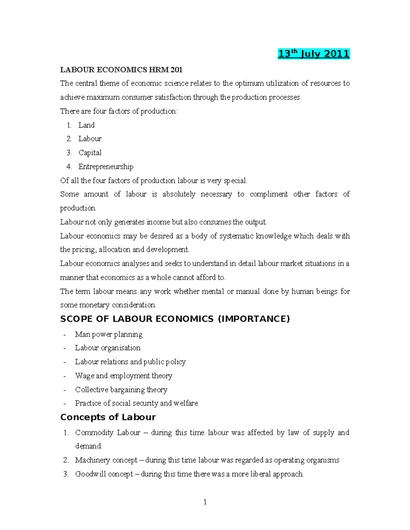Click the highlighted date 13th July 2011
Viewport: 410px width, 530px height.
(x=314, y=54)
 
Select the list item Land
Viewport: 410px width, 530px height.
(x=86, y=125)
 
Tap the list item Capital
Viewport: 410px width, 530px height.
(x=90, y=153)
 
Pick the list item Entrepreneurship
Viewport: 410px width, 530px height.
(x=106, y=167)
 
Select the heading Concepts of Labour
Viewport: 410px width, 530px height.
(x=108, y=417)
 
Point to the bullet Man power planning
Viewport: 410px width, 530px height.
(x=109, y=334)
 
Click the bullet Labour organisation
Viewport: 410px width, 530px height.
(x=108, y=348)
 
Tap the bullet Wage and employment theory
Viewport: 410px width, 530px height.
(x=123, y=376)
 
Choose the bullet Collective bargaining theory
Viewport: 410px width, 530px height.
(x=121, y=389)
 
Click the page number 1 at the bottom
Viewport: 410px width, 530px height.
(x=205, y=502)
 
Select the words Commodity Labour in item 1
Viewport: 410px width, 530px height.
(x=108, y=432)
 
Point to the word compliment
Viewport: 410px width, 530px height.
(x=269, y=194)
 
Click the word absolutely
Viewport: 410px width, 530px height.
(x=179, y=194)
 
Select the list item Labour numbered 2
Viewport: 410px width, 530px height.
(x=90, y=139)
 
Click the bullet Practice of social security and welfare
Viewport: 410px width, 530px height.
(x=136, y=403)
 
